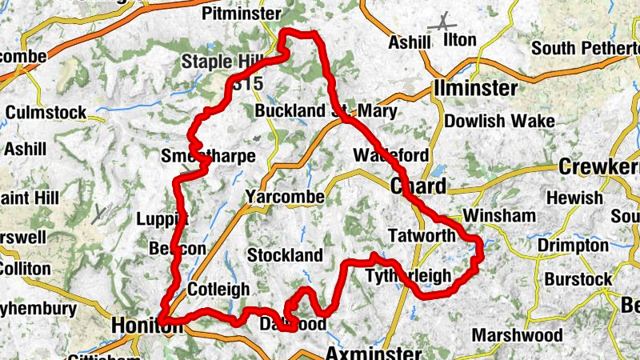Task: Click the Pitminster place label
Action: point(242,14)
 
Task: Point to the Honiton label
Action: point(141,326)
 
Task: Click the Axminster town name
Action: point(373,353)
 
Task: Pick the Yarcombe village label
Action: point(286,197)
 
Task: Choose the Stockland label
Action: point(285,255)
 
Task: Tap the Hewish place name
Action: point(574,198)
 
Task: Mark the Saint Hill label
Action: point(25,197)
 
